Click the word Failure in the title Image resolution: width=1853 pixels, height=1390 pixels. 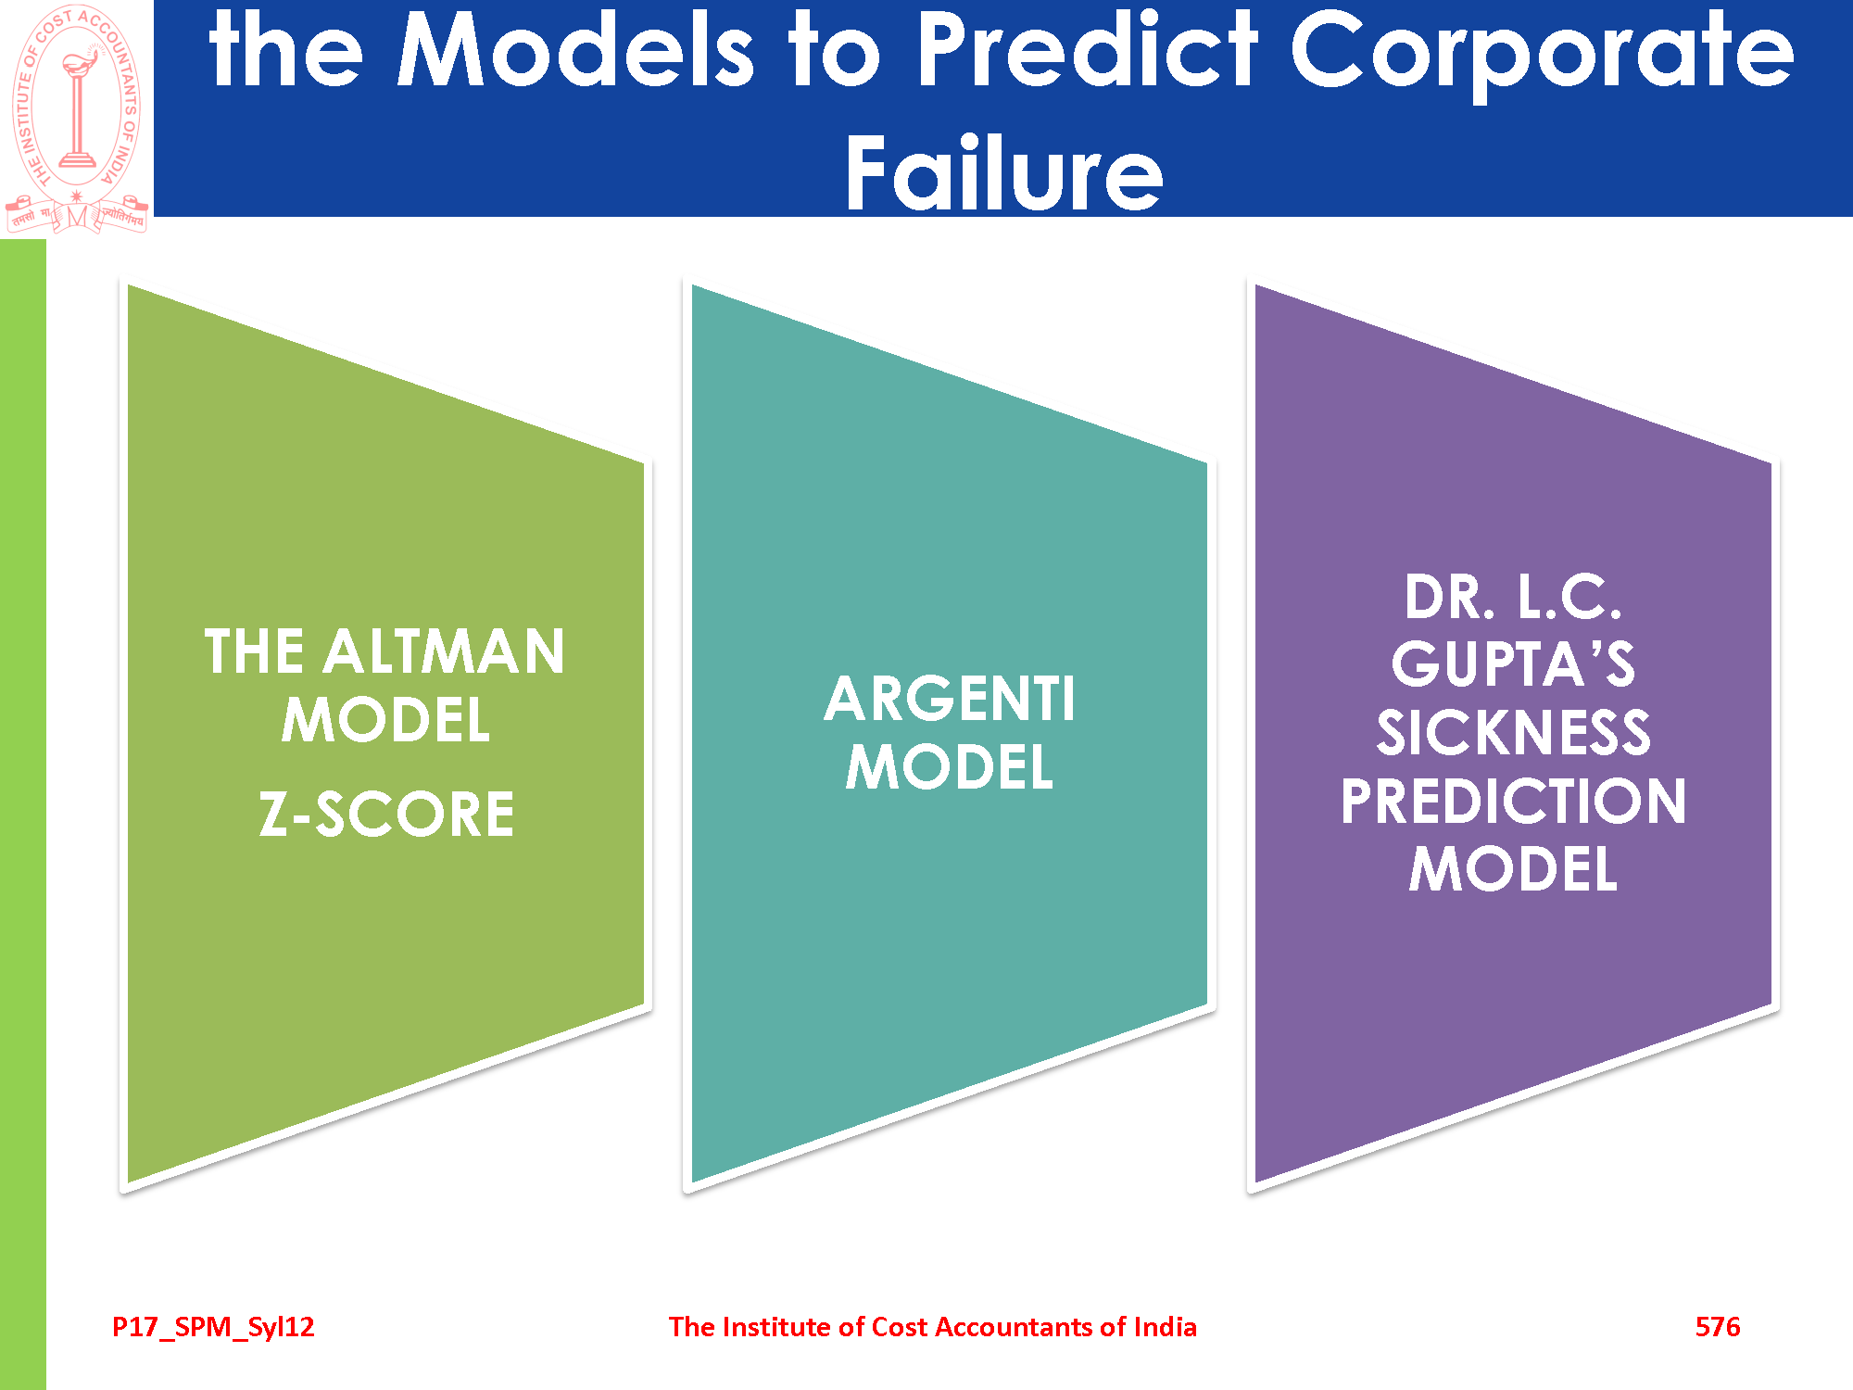[1004, 172]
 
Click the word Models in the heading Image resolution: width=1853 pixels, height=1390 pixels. [575, 50]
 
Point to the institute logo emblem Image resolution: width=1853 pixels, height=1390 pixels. [77, 118]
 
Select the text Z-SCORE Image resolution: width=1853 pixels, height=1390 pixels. [386, 815]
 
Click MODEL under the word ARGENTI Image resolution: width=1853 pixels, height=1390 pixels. [950, 767]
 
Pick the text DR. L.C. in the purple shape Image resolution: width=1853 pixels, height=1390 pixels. [1513, 597]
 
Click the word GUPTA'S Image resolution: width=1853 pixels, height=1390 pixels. [1513, 664]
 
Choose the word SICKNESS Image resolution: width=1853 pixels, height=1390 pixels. [1513, 732]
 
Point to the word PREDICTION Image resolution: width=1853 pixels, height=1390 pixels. [1513, 801]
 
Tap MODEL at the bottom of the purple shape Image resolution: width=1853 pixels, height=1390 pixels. [1513, 869]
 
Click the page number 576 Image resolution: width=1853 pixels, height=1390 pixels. [1718, 1327]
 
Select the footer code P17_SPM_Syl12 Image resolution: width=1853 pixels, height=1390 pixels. [213, 1328]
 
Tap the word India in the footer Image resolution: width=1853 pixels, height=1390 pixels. [1166, 1327]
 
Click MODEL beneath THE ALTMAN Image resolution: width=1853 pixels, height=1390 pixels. [386, 720]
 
